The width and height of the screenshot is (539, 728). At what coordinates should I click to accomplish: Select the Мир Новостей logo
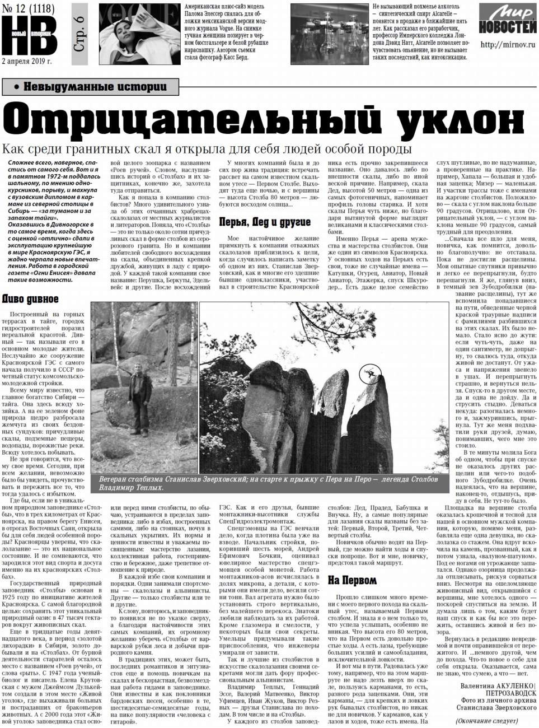[x=507, y=22]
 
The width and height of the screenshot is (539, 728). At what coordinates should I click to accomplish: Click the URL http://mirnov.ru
[x=507, y=45]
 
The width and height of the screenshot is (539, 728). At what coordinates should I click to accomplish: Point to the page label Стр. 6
[x=79, y=35]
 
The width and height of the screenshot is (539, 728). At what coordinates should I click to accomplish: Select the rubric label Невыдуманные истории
[x=90, y=86]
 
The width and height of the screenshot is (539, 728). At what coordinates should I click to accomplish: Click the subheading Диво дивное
[x=31, y=299]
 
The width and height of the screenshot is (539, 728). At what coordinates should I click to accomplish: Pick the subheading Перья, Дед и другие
[x=264, y=222]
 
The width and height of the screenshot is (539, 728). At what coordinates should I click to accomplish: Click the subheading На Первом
[x=352, y=580]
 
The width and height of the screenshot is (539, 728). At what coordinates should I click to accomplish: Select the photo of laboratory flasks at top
[x=329, y=34]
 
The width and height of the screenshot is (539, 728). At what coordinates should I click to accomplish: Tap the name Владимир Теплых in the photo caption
[x=131, y=487]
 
